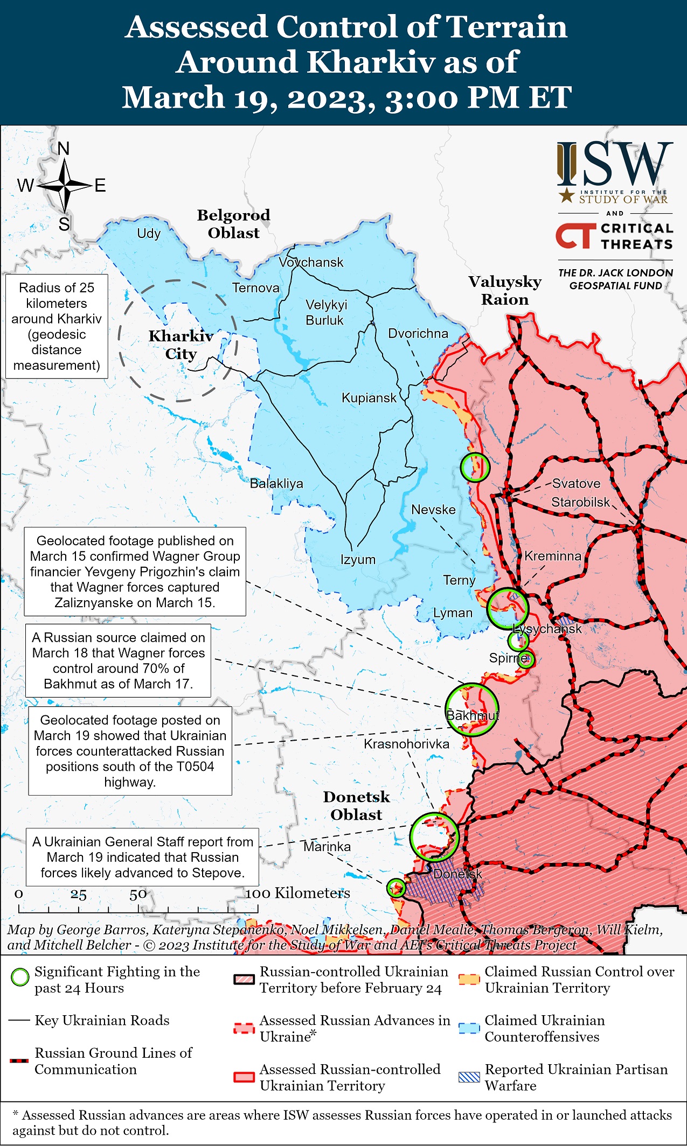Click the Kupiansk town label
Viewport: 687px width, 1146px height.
pos(369,398)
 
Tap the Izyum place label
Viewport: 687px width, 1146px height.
pos(358,559)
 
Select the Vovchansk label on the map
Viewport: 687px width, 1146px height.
pos(311,262)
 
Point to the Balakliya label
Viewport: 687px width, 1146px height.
pos(276,483)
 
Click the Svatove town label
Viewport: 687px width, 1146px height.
pos(576,483)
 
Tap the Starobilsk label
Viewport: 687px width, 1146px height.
pos(580,502)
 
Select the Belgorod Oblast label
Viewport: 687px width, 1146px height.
pos(233,224)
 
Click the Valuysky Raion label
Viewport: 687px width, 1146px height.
pos(505,290)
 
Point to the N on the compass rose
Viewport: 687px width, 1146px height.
pos(64,149)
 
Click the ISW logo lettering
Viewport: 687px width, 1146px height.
pos(615,164)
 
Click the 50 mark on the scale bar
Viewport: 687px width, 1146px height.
pos(138,895)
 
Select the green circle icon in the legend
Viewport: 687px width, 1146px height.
pos(20,977)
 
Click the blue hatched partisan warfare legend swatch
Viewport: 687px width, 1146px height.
pos(469,1077)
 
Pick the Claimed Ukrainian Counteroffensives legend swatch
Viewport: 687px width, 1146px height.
pos(469,1028)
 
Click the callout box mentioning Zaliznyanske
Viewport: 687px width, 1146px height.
pos(135,571)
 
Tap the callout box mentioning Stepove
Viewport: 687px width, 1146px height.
pos(142,857)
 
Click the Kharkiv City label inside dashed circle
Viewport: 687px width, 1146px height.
pos(181,344)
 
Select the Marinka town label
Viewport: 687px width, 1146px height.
pos(327,847)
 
